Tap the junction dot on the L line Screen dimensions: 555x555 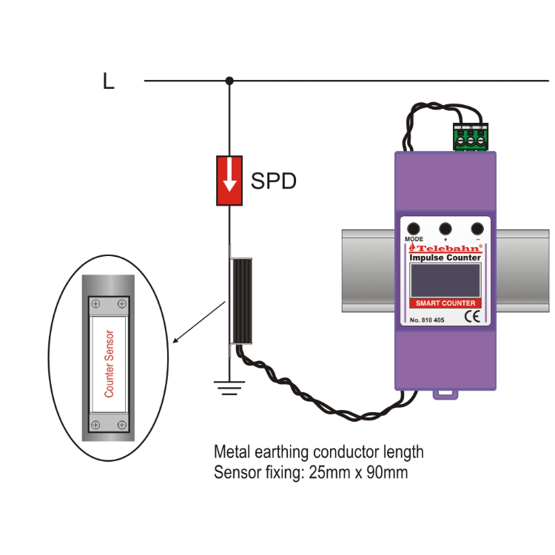(x=229, y=80)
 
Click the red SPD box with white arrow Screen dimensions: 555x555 (x=230, y=181)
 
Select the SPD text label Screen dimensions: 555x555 (x=274, y=181)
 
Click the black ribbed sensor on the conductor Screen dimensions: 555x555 (x=242, y=301)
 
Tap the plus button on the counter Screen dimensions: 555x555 (x=445, y=229)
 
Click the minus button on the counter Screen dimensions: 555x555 (x=478, y=229)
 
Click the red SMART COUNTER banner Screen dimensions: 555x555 (x=445, y=303)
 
